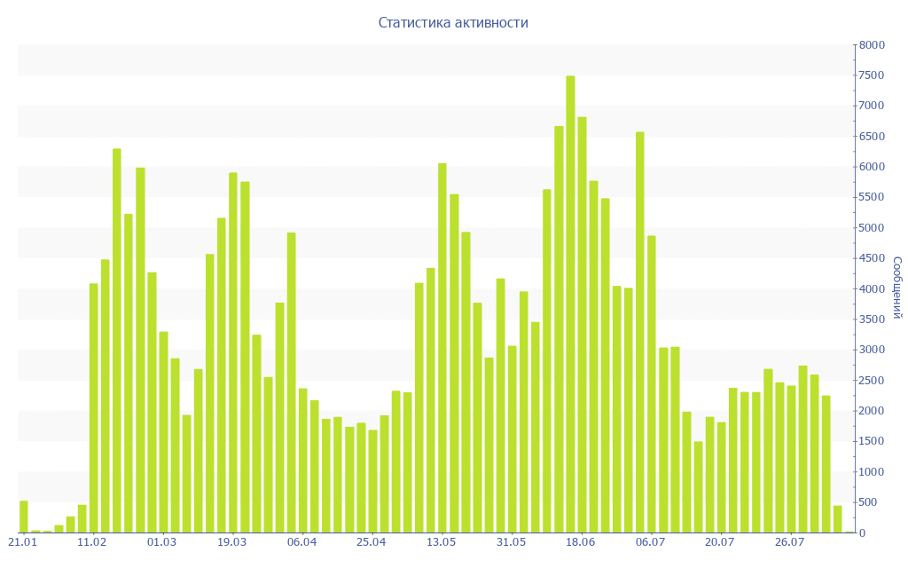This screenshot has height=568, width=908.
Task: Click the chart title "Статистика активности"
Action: tap(453, 22)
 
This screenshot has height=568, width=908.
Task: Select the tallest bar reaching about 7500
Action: tap(570, 304)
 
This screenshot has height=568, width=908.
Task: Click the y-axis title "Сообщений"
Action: tap(896, 288)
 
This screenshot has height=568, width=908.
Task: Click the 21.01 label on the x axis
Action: tap(23, 542)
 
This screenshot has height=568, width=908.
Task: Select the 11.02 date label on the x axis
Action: tap(92, 542)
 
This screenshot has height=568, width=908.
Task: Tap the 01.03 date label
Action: tap(162, 542)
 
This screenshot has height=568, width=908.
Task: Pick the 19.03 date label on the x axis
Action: tap(232, 542)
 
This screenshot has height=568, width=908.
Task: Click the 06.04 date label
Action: tap(302, 542)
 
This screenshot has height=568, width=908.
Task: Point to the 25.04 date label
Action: tap(372, 542)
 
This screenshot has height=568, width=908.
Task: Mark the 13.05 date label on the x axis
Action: tap(442, 542)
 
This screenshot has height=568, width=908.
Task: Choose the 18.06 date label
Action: tap(581, 542)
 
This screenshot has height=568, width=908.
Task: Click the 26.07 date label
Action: tap(790, 542)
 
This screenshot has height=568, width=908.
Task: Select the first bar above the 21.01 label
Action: tap(24, 517)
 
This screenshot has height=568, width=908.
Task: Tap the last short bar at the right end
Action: tap(837, 519)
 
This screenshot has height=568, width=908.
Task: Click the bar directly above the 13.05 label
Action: tap(442, 348)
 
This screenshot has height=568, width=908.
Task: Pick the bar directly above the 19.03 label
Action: tap(233, 352)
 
